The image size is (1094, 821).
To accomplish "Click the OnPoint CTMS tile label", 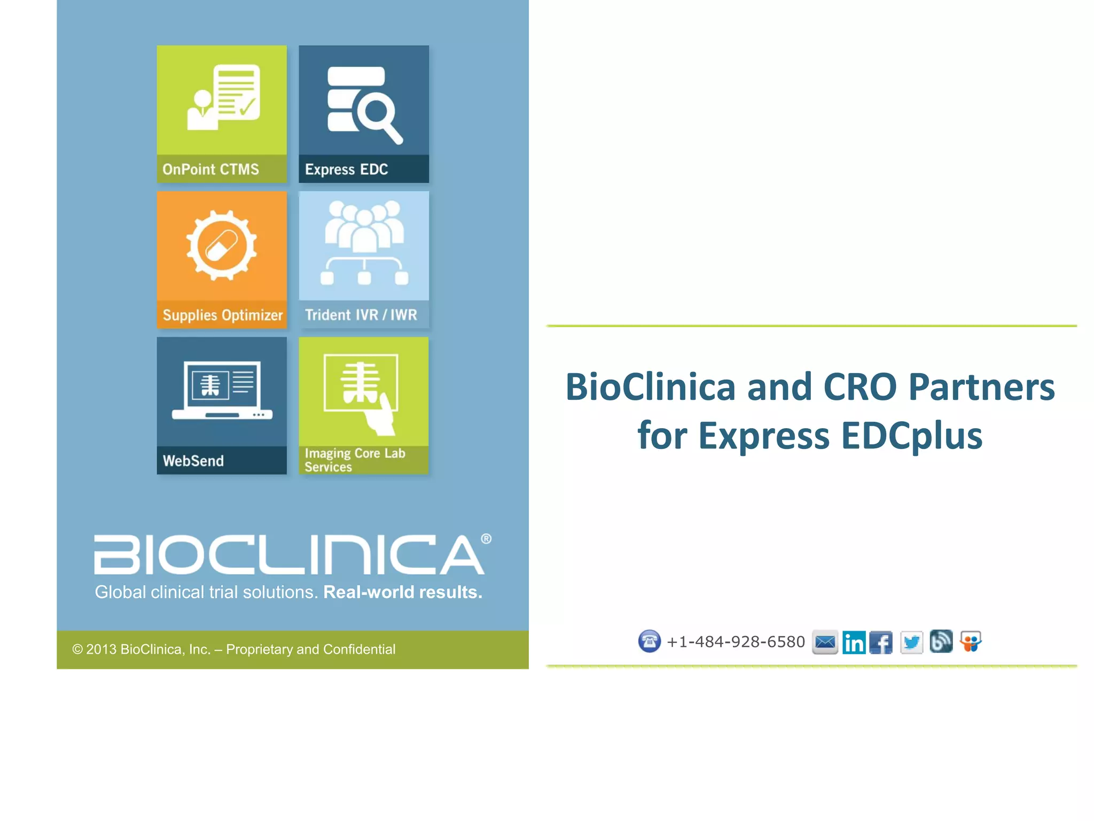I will pyautogui.click(x=210, y=169).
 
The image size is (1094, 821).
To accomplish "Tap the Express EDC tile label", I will pyautogui.click(x=346, y=169).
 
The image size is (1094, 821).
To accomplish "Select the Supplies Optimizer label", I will pyautogui.click(x=222, y=315).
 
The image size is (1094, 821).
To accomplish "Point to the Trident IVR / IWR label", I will pyautogui.click(x=361, y=315).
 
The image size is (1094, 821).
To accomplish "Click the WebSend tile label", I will pyautogui.click(x=193, y=461).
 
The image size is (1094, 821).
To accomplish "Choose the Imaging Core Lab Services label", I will pyautogui.click(x=355, y=460).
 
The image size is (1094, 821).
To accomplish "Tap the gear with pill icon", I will pyautogui.click(x=222, y=245).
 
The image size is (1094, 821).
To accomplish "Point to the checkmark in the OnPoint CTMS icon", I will pyautogui.click(x=247, y=107).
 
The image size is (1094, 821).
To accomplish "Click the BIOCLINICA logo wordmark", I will pyautogui.click(x=289, y=554).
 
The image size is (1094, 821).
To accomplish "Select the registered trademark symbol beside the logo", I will pyautogui.click(x=486, y=539).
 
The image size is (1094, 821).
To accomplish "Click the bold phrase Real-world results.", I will pyautogui.click(x=403, y=592).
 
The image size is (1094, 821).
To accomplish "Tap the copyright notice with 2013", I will pyautogui.click(x=234, y=649).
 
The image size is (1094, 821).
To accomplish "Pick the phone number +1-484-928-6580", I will pyautogui.click(x=736, y=642).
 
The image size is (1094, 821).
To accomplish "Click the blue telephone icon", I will pyautogui.click(x=650, y=641).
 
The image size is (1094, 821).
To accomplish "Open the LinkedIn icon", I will pyautogui.click(x=854, y=642).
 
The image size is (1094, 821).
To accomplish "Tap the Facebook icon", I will pyautogui.click(x=881, y=642).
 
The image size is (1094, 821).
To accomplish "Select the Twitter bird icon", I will pyautogui.click(x=911, y=642).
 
